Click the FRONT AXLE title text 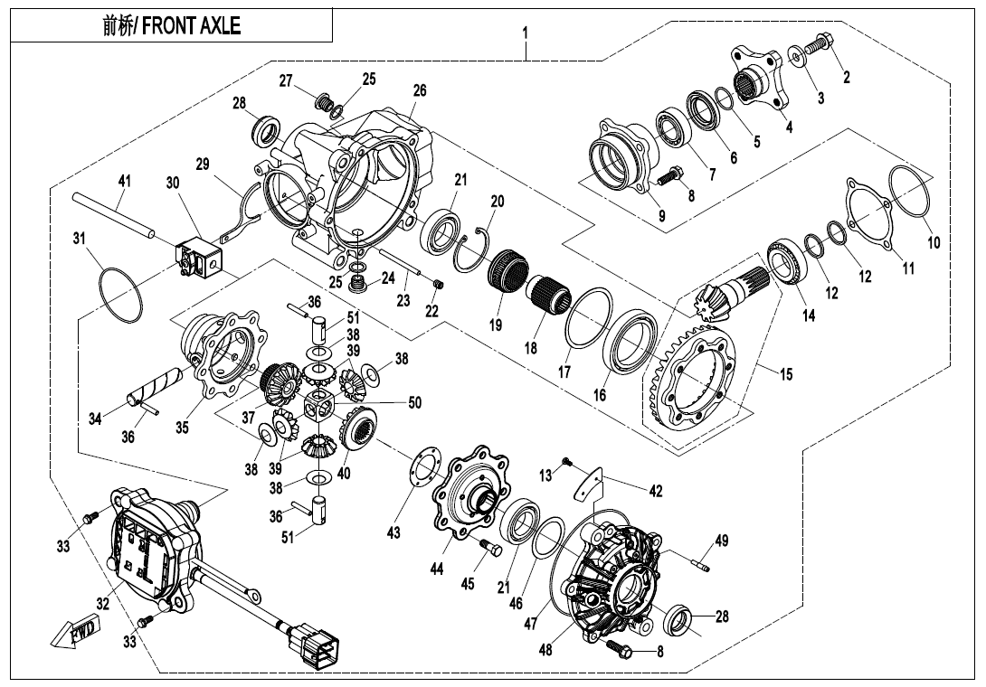[172, 25]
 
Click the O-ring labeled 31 [119, 293]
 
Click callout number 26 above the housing [419, 90]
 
